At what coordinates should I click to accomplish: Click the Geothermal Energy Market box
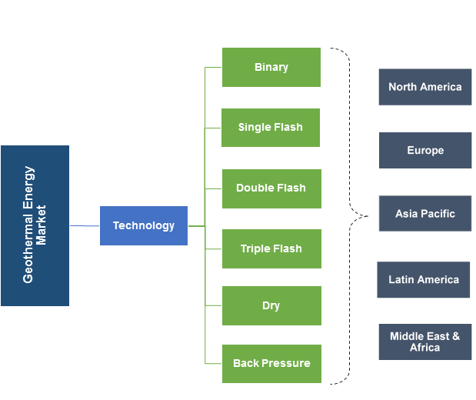(x=35, y=225)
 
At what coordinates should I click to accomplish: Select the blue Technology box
(x=144, y=225)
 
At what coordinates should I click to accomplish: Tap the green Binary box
(x=271, y=67)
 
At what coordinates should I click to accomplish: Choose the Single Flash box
(x=270, y=127)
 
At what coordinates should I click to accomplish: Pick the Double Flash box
(x=271, y=188)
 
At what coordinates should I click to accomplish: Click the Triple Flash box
(x=271, y=248)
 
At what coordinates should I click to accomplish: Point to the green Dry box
(x=271, y=305)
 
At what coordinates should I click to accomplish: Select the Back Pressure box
(x=271, y=363)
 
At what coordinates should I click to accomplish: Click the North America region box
(x=424, y=87)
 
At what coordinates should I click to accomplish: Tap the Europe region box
(x=424, y=150)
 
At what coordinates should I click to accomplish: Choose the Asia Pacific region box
(x=424, y=213)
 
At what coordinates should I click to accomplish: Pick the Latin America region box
(x=423, y=279)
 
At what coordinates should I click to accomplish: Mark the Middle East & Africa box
(x=424, y=342)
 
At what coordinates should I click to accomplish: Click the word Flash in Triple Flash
(x=287, y=248)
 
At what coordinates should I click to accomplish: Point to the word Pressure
(x=286, y=363)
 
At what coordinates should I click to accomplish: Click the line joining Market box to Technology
(x=85, y=225)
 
